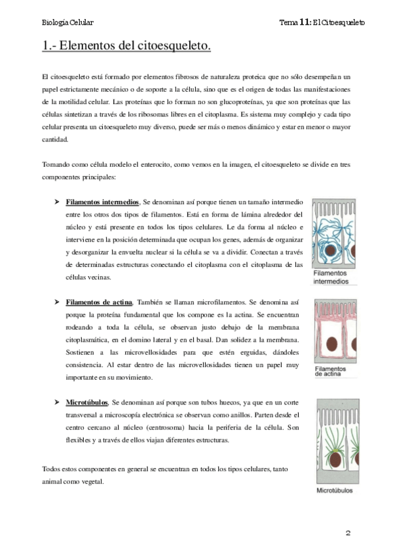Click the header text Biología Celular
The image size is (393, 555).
point(67,23)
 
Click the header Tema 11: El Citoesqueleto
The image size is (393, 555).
point(322,23)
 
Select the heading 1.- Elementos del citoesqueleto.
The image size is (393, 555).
point(126,46)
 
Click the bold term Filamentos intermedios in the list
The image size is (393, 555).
point(103,203)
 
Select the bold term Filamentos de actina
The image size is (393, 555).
point(99,302)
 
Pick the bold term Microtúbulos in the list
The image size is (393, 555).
point(87,403)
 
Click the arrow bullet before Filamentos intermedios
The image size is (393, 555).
point(57,203)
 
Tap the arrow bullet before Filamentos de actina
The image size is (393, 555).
point(57,302)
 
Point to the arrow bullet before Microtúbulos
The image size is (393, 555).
point(57,403)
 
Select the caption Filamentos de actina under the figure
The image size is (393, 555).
point(334,372)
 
